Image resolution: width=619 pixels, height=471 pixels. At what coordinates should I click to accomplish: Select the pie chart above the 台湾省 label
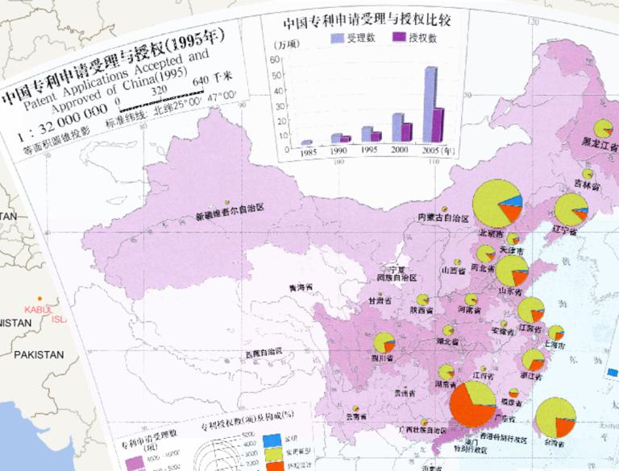click(555, 418)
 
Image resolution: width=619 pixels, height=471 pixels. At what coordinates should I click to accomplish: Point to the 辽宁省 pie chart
click(571, 210)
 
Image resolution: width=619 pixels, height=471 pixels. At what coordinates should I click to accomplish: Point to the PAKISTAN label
click(38, 354)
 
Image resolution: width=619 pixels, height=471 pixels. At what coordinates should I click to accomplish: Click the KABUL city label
click(37, 308)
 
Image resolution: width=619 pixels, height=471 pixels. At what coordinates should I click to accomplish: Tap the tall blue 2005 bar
click(430, 104)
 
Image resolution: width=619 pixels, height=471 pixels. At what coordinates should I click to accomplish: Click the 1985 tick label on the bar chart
click(307, 151)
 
